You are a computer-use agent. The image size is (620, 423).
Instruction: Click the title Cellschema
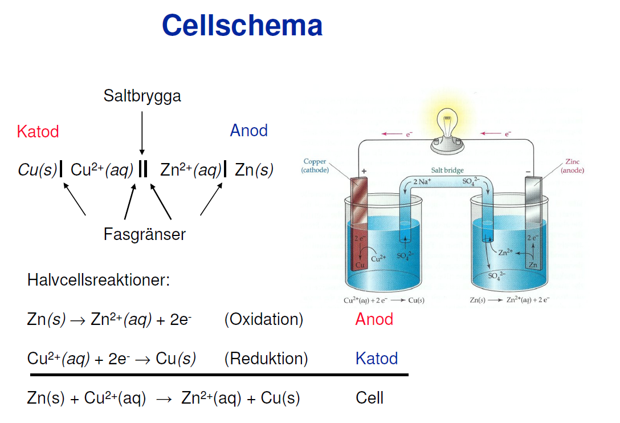pos(242,25)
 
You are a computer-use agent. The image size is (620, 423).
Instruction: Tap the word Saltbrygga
pos(142,96)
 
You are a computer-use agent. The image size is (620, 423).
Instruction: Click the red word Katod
pos(38,131)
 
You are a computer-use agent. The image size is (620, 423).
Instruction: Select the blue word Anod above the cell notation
pos(248,130)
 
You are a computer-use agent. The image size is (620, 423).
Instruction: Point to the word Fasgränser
pos(144,234)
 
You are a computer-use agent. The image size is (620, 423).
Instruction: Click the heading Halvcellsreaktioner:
pos(99,280)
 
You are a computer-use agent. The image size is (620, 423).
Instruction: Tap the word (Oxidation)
pos(264,319)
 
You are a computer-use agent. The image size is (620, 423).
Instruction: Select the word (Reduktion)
pos(266,359)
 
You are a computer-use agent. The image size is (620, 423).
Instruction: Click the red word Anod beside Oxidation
pos(374,319)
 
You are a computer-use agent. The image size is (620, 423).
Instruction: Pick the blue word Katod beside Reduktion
pos(377,359)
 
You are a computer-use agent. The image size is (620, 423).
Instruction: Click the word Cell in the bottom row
pos(369,398)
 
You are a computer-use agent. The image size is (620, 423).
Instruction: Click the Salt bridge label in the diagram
pos(447,170)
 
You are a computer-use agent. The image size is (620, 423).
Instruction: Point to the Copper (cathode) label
pos(315,166)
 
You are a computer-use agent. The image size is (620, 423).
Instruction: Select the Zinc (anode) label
pos(572,166)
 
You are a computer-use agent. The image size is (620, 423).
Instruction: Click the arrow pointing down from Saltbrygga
pos(142,133)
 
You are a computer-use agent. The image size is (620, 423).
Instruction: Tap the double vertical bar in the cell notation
pos(143,169)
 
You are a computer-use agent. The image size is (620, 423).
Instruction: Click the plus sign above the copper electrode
pos(364,172)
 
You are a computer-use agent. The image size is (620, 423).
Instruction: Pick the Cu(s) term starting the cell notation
pos(38,170)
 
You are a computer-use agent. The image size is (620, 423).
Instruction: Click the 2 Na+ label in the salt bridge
pos(422,182)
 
